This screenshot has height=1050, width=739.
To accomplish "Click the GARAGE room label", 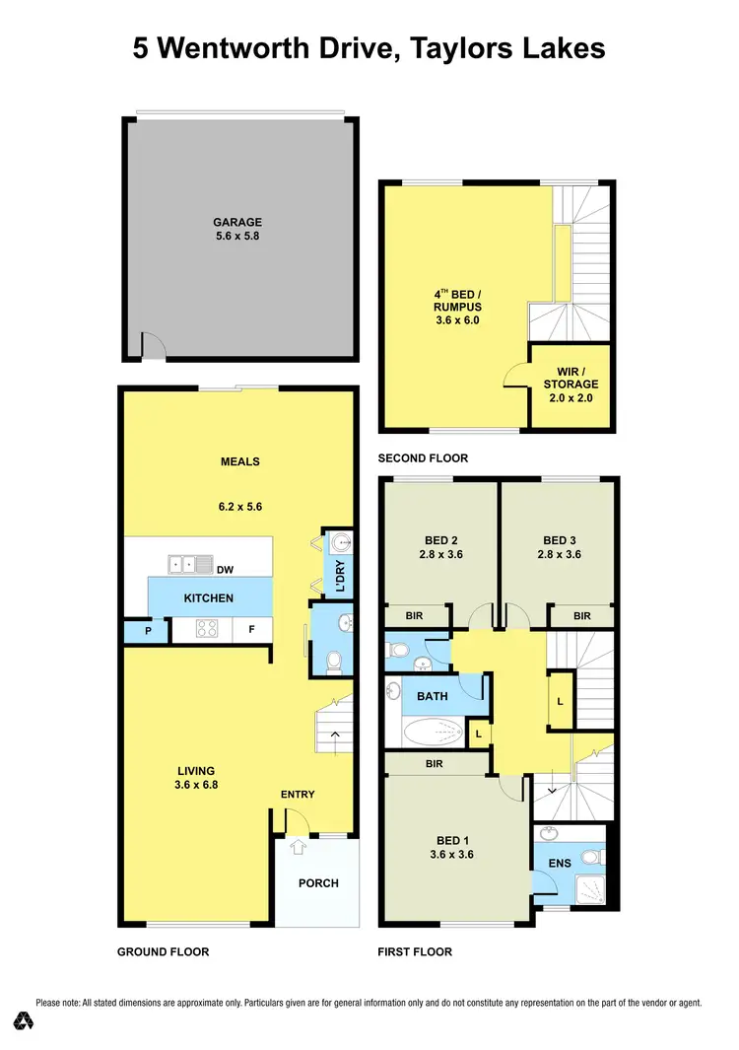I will tap(237, 222).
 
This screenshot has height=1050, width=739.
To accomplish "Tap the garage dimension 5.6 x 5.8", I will tap(237, 237).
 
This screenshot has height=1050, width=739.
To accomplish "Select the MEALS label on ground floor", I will tap(239, 461).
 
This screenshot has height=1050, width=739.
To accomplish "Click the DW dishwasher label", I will tap(225, 569).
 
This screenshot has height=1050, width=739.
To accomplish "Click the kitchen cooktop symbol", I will tap(208, 630).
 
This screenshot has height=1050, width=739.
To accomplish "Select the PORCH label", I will tap(317, 883).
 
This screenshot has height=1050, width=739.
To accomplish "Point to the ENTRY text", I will tap(298, 795).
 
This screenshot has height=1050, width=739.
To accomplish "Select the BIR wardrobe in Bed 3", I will tap(581, 615).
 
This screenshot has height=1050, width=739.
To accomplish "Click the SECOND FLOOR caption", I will tap(423, 458).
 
